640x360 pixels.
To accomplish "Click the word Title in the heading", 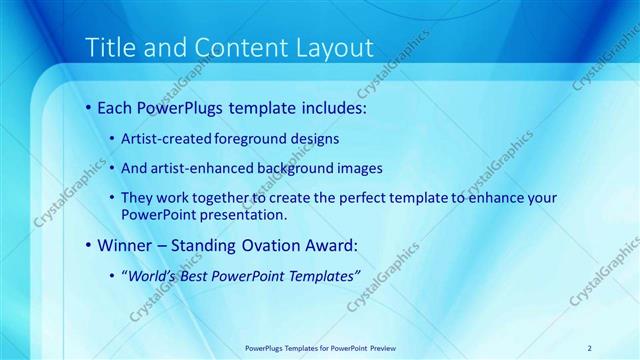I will (109, 47).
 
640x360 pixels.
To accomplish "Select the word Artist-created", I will (165, 139).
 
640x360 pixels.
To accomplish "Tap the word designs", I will (316, 139).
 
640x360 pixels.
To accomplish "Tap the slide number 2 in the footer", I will (589, 347).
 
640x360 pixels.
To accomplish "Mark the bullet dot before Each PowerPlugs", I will (89, 107).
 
